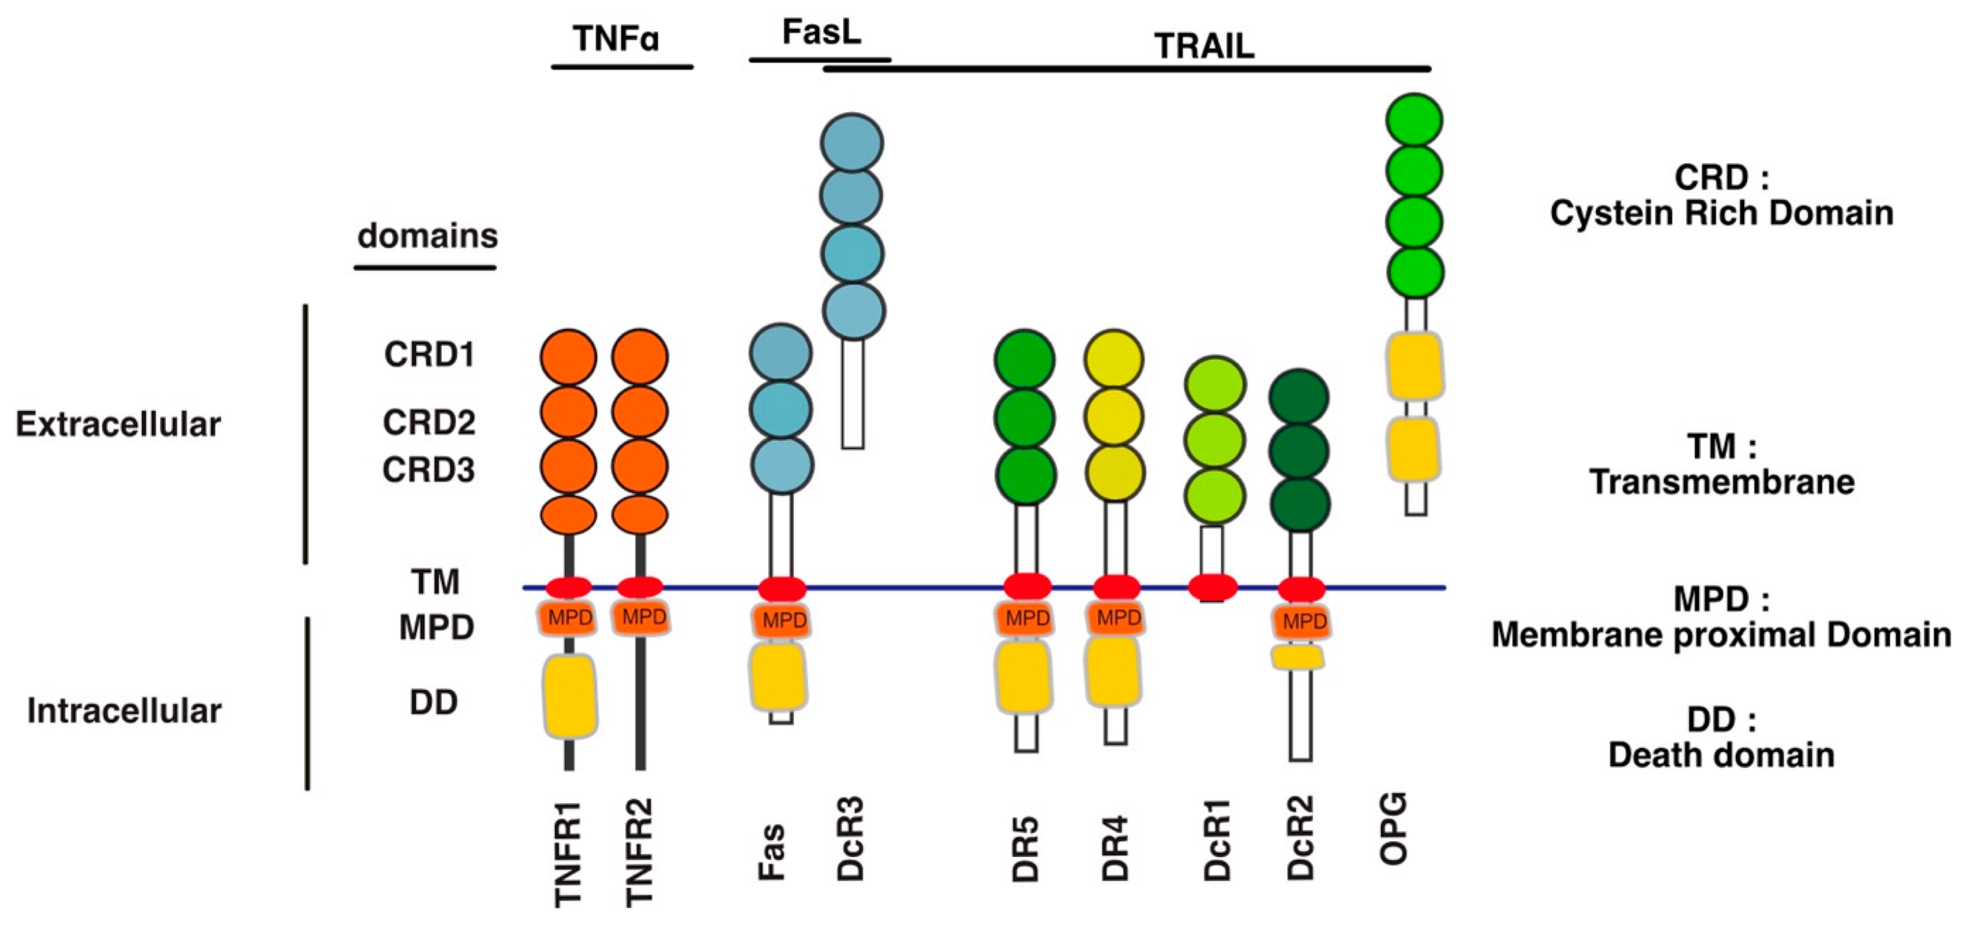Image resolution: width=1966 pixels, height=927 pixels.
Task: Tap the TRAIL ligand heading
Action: point(1204,47)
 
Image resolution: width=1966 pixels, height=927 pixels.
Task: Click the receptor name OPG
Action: point(1393,828)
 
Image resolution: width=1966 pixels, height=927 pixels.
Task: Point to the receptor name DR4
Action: point(1115,848)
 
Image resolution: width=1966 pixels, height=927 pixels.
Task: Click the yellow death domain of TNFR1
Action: point(570,695)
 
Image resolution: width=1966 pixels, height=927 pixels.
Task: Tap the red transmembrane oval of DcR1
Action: point(1213,587)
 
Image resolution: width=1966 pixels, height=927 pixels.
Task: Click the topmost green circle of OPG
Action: point(1414,120)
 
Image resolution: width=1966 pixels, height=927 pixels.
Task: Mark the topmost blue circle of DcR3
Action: point(852,143)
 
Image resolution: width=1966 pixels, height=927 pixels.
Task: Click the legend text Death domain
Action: point(1721,755)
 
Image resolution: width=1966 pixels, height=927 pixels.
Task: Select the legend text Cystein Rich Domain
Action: point(1722,213)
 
